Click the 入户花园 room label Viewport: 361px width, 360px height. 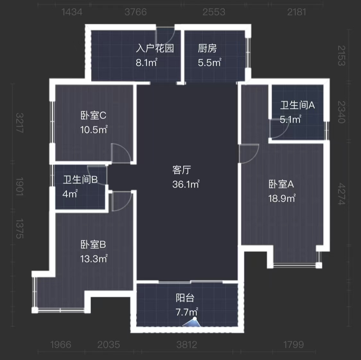(155, 48)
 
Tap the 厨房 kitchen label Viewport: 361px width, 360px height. (207, 48)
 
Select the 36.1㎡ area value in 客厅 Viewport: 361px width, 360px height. (186, 184)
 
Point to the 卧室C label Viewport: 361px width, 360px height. (93, 115)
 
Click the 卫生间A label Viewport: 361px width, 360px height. (297, 105)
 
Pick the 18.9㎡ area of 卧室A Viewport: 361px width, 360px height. (281, 198)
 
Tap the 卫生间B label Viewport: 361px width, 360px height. (80, 180)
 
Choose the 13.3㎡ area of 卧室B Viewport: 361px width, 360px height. (93, 259)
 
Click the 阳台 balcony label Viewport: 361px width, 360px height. (185, 298)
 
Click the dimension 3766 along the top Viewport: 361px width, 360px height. (135, 12)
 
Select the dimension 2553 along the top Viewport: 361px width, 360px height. (214, 12)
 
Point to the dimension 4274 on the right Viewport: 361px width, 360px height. (342, 194)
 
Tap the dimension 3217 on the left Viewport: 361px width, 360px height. (20, 123)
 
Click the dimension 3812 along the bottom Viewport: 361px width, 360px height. (186, 345)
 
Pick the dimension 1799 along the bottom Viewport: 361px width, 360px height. (293, 345)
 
